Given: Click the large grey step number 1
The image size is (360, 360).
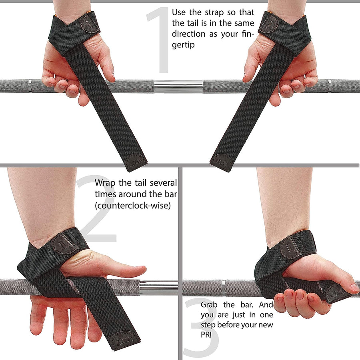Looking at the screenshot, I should click(159, 40).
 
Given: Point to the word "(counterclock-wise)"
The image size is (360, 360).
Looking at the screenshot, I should click(132, 205).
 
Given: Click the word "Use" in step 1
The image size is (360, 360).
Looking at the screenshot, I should click(179, 13).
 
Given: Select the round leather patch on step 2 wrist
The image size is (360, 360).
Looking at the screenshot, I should click(64, 244).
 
